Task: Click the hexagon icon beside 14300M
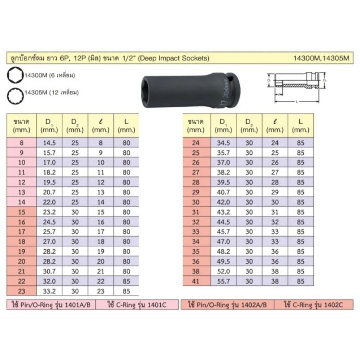15,75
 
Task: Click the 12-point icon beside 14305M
15,96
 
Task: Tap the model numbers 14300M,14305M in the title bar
321,58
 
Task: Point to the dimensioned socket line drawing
297,87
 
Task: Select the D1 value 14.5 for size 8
49,143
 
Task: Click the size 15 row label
22,212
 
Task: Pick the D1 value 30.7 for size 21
49,271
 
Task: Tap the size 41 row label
196,281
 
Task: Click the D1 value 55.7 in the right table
223,281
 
